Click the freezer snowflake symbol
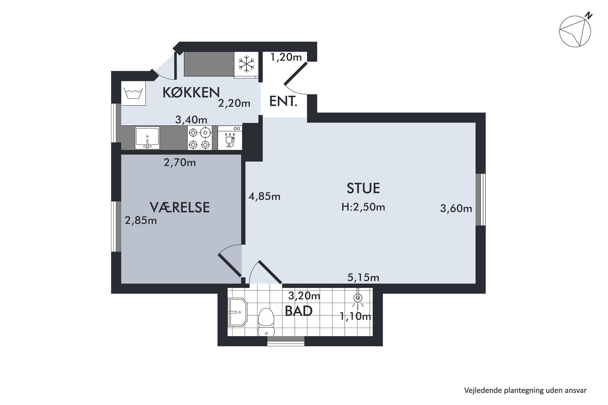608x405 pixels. (246, 64)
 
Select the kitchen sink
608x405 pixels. (147, 138)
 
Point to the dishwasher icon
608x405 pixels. (230, 138)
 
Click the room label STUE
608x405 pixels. (363, 188)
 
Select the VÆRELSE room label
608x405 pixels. (180, 207)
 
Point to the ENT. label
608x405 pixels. (283, 101)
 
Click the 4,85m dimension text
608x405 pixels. (264, 197)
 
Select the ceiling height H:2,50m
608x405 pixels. (363, 207)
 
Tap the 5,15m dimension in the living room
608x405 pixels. (363, 278)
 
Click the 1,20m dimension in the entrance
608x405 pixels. (286, 57)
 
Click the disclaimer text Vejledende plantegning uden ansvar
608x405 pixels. (525, 390)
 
